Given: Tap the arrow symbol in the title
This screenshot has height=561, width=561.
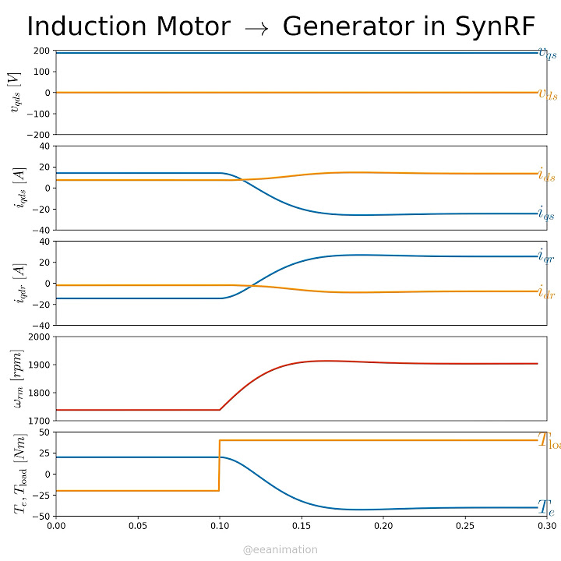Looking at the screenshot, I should (x=256, y=28).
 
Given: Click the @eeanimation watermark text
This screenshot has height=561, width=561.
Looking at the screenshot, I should (x=280, y=549).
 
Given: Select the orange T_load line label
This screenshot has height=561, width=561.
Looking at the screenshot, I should (x=549, y=441).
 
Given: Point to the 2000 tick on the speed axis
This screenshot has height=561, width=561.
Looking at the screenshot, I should (x=39, y=337).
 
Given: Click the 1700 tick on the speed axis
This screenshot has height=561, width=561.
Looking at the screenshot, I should (x=39, y=421).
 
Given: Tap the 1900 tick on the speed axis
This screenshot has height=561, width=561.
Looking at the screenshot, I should (x=39, y=365).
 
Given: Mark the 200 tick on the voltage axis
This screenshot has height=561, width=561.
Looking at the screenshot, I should (x=42, y=51).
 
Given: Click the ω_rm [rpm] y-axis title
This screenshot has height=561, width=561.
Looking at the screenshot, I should (x=15, y=379).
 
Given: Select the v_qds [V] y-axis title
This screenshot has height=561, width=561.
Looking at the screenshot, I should (x=15, y=93).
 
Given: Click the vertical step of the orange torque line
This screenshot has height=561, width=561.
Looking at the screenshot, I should (x=219, y=466).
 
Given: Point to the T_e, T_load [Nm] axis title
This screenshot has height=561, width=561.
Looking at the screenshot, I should (x=15, y=474).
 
